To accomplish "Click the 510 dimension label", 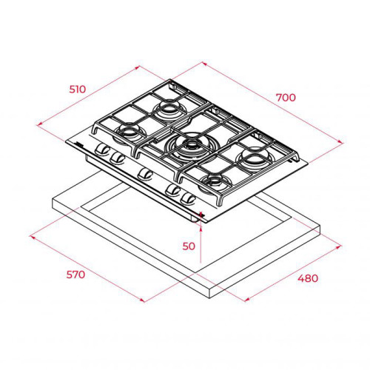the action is pos(78,90).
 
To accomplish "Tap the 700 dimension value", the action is pos(286,98).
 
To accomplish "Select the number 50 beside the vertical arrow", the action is pos(189,246).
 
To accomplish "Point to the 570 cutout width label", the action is pos(75,275).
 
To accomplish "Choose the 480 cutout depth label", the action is pos(308,278).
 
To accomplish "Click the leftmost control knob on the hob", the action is pos(102,149).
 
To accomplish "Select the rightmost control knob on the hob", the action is pos(188,199).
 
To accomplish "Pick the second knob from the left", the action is pos(117,158).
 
